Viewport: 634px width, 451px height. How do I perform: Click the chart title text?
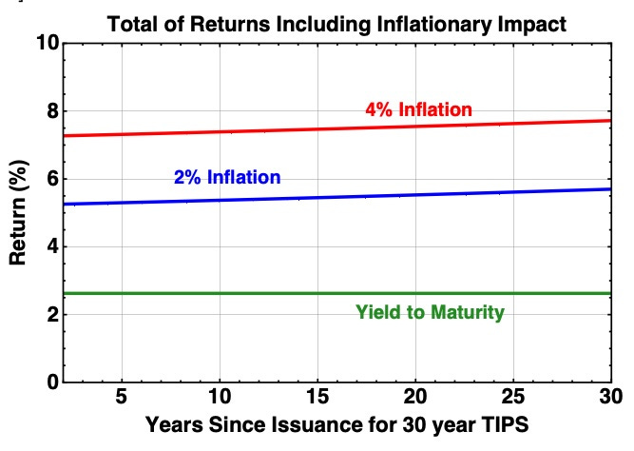[336, 25]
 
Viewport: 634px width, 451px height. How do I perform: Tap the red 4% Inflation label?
[418, 109]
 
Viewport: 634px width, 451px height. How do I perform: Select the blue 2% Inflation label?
[227, 177]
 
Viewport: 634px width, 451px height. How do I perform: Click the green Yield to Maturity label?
[430, 312]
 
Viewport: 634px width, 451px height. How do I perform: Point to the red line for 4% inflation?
[336, 128]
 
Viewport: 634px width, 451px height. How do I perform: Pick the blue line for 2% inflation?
[336, 197]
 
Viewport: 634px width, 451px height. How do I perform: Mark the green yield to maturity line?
[336, 293]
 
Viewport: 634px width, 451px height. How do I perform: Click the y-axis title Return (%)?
[18, 212]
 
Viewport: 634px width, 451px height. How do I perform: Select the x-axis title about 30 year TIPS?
[336, 425]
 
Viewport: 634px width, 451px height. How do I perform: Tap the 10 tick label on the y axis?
[48, 43]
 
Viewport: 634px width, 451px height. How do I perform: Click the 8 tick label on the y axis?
[53, 110]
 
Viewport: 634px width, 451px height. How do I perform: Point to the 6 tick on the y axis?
[53, 179]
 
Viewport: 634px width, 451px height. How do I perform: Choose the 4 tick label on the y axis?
[53, 246]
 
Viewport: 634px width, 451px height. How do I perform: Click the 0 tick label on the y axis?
[53, 382]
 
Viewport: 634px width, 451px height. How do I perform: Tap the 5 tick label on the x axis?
[122, 397]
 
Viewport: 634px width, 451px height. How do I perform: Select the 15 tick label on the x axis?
[317, 397]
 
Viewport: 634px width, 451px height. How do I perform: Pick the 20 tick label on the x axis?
[415, 397]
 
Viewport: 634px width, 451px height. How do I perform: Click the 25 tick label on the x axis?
[513, 397]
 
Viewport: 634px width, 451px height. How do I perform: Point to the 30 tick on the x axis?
[611, 397]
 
